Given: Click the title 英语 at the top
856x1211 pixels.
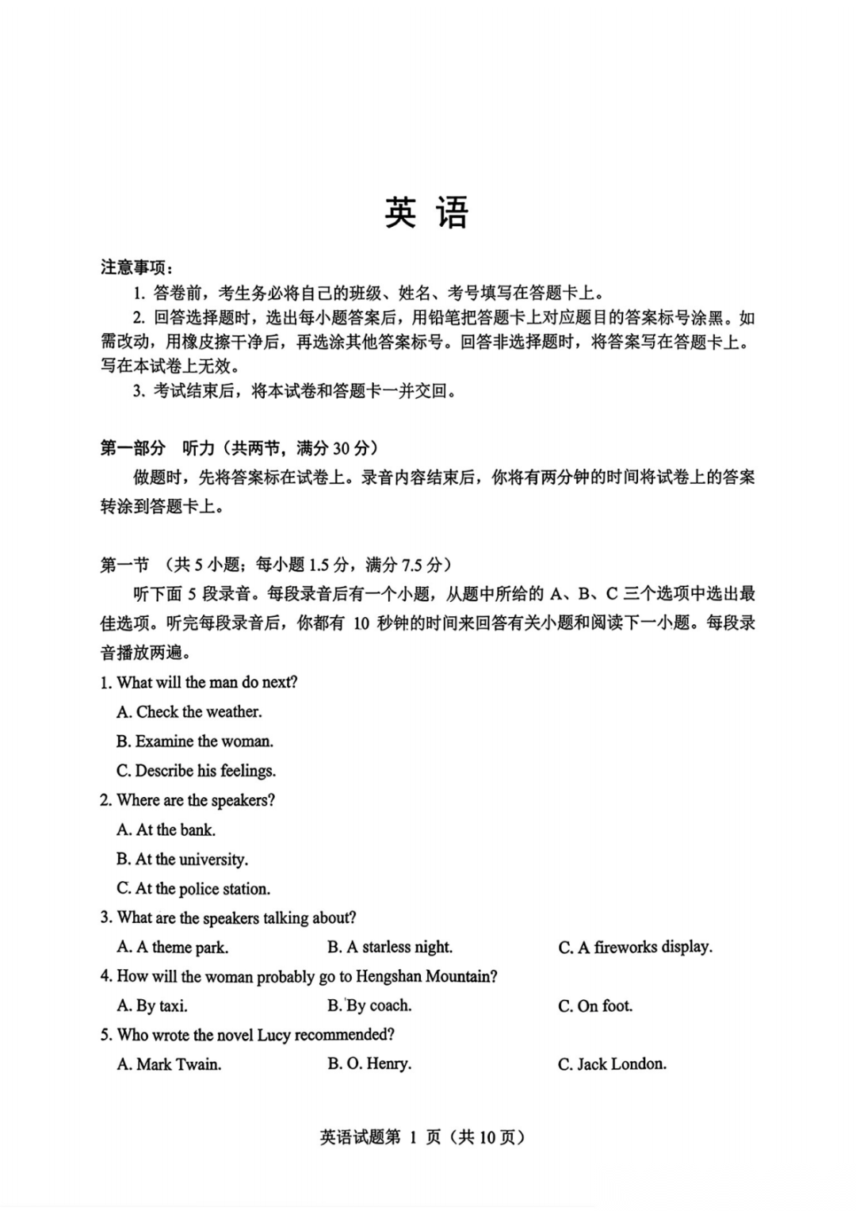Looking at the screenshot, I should tap(426, 213).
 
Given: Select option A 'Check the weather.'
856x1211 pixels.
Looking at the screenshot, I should tap(189, 712).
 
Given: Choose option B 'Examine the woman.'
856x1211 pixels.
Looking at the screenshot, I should tap(195, 742).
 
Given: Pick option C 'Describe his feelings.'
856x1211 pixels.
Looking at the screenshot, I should tap(197, 771).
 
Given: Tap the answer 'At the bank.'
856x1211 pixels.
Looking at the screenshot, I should tap(166, 830).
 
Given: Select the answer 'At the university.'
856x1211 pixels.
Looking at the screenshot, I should tap(182, 860).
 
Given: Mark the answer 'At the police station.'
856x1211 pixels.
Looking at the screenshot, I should tap(193, 889).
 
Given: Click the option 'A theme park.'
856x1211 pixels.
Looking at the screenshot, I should tap(173, 948).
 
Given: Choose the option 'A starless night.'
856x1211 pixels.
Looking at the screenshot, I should tap(390, 948).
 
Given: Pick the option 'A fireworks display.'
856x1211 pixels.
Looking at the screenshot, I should tap(635, 948).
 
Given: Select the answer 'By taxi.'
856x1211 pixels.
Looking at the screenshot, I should tap(152, 1006).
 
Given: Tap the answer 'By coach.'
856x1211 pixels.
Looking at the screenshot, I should tap(369, 1006).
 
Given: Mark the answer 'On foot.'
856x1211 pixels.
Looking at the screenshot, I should tap(595, 1006).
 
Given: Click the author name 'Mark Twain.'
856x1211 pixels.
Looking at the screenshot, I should tap(169, 1064).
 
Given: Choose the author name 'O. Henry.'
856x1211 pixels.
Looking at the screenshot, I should tap(369, 1064).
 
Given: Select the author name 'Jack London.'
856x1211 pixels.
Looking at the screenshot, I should tap(612, 1064).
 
